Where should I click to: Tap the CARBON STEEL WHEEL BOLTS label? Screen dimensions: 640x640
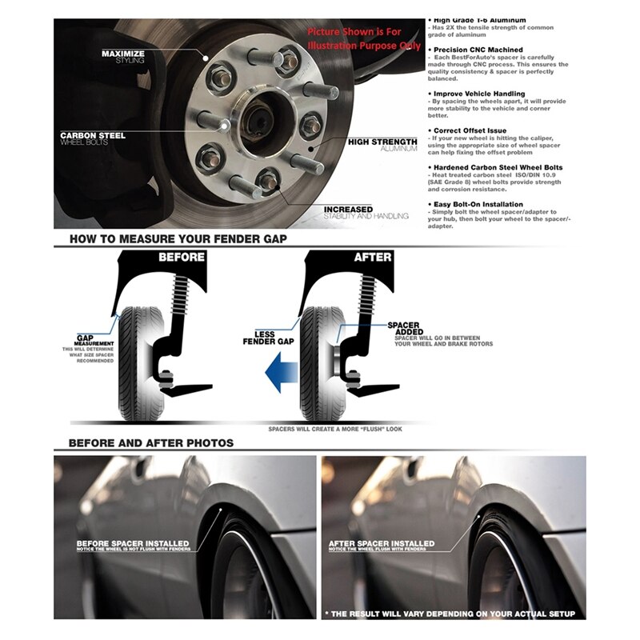point(94,139)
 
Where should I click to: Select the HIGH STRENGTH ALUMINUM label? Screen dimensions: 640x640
point(382,145)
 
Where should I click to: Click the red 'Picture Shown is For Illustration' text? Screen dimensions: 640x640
point(364,38)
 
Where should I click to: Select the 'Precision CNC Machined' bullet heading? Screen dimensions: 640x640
point(479,50)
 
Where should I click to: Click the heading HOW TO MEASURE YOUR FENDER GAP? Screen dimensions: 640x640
point(178,238)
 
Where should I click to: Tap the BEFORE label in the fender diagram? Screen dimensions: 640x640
point(182,258)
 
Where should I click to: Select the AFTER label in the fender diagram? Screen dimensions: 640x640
point(373,258)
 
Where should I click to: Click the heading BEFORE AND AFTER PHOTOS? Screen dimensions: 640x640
point(151,442)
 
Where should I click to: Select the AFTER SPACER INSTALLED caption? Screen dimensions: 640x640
point(382,544)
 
